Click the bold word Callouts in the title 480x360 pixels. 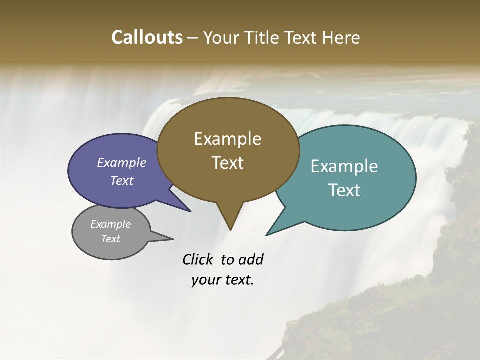pos(147,37)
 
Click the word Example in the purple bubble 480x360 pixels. pos(122,162)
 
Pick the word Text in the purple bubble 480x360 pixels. pos(122,180)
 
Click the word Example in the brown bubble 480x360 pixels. pos(227,139)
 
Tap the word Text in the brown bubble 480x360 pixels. pos(227,163)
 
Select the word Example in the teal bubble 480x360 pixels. pos(344,166)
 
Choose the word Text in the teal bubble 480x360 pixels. pos(344,190)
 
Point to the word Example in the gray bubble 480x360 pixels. pos(111,224)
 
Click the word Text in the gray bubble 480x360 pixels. pos(111,239)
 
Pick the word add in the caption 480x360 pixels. pos(250,260)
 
